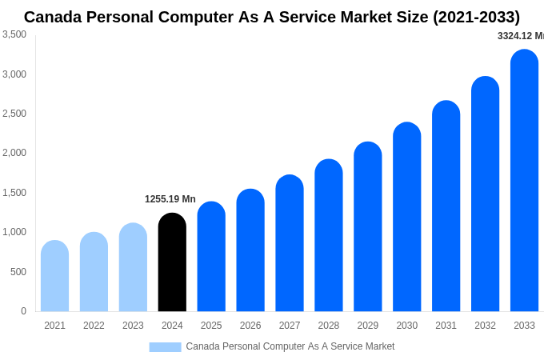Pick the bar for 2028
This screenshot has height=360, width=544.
click(x=329, y=235)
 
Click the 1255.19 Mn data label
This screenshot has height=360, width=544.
click(x=170, y=199)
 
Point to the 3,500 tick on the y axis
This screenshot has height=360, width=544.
click(x=14, y=34)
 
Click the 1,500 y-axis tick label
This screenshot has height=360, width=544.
click(x=14, y=193)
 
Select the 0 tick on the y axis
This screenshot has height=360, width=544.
click(x=23, y=311)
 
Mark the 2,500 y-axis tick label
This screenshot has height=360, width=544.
click(x=14, y=114)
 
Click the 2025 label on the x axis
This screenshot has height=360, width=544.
click(x=211, y=326)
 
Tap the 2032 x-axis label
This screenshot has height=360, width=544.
click(x=485, y=326)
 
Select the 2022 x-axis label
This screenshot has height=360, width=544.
click(x=94, y=326)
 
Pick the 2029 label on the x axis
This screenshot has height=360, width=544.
click(x=367, y=326)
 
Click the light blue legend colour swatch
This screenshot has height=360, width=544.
click(x=165, y=346)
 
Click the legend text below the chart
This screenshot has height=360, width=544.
click(x=290, y=346)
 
